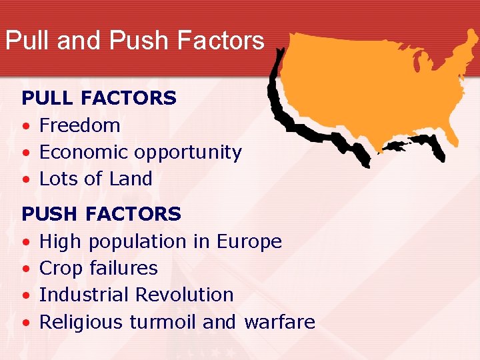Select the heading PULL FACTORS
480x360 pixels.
99,98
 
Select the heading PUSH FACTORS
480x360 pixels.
101,214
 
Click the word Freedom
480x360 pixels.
80,125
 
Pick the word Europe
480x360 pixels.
249,242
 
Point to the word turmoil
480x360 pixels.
163,322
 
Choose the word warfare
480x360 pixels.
279,322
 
